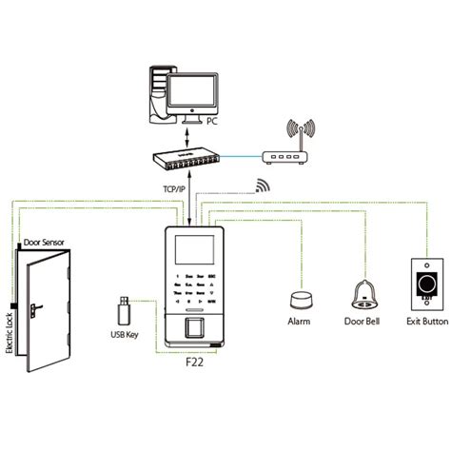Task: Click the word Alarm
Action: coord(299,322)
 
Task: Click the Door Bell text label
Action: coord(362,322)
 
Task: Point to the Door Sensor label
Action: coord(44,244)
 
